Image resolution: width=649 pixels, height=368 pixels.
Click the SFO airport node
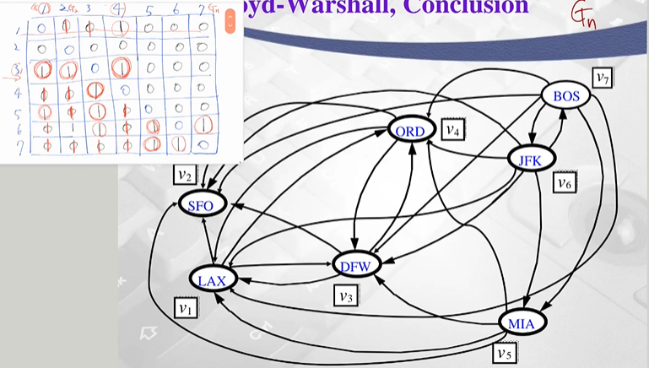coord(201,205)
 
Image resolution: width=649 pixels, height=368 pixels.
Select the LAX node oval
coord(214,279)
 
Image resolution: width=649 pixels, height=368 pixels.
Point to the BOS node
coord(566,95)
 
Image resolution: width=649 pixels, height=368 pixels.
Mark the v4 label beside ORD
coord(453,132)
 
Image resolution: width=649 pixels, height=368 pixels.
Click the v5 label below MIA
coord(504,352)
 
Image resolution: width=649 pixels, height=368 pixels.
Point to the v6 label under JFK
coord(563,183)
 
